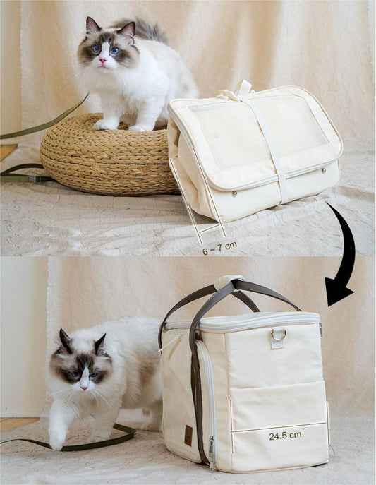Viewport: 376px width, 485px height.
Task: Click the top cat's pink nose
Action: (102, 61)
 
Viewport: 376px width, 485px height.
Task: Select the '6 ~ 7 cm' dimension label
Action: (219, 248)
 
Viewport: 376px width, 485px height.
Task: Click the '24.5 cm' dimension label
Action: (285, 436)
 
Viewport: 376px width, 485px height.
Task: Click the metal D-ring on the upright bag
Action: (278, 335)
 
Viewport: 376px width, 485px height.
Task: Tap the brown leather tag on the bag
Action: (188, 435)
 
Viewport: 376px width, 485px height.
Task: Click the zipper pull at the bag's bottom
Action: (211, 455)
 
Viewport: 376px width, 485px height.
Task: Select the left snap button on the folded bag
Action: (234, 193)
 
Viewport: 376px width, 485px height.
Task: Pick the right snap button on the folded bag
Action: (324, 170)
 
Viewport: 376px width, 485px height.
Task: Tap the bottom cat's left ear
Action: (65, 340)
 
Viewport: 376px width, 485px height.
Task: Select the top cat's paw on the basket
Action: (105, 124)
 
